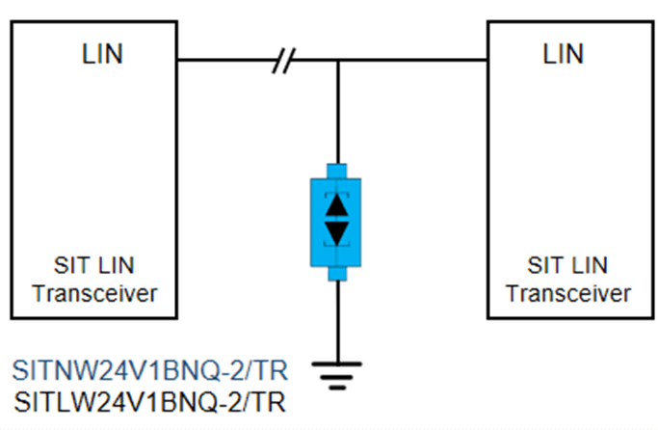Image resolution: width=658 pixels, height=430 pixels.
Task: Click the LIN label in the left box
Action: (102, 53)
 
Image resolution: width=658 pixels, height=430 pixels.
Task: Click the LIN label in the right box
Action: (564, 53)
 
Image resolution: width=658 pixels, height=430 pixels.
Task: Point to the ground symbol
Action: (336, 372)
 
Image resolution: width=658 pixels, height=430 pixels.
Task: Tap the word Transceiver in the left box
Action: (94, 293)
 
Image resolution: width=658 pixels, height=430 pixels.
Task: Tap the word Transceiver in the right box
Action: (568, 293)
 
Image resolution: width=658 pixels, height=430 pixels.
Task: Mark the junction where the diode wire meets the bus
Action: (336, 62)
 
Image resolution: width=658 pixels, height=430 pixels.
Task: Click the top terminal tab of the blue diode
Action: (336, 168)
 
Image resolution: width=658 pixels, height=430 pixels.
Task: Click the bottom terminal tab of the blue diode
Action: (336, 273)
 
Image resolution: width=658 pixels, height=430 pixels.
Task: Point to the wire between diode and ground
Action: (336, 318)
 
